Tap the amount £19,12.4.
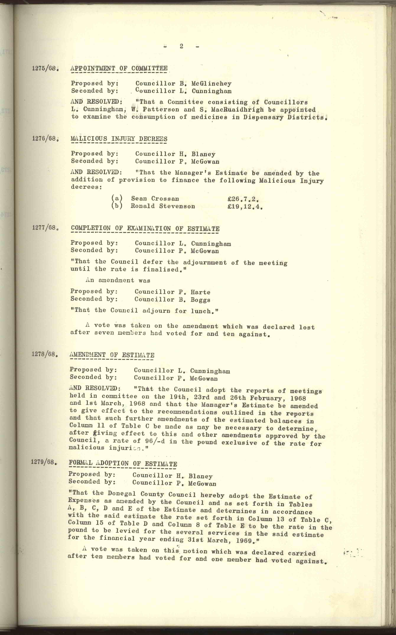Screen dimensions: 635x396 pos(245,207)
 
